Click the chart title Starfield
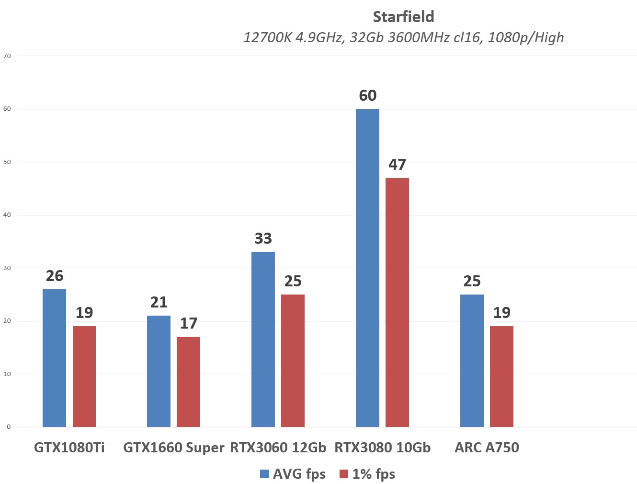tap(403, 17)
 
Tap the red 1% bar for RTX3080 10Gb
tap(397, 302)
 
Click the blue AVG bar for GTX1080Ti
tap(54, 358)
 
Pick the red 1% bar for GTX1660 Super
tap(188, 382)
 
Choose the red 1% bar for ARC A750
tap(501, 377)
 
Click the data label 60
tap(367, 95)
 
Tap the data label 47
tap(397, 165)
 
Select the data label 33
tap(263, 238)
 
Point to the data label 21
tap(159, 302)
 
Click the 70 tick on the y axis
tap(7, 56)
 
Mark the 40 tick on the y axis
tap(7, 215)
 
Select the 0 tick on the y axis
tap(9, 427)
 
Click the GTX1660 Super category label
tap(173, 448)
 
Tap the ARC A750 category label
tap(487, 448)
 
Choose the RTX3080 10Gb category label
tap(382, 448)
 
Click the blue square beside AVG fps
tap(264, 474)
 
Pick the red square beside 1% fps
tap(343, 474)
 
